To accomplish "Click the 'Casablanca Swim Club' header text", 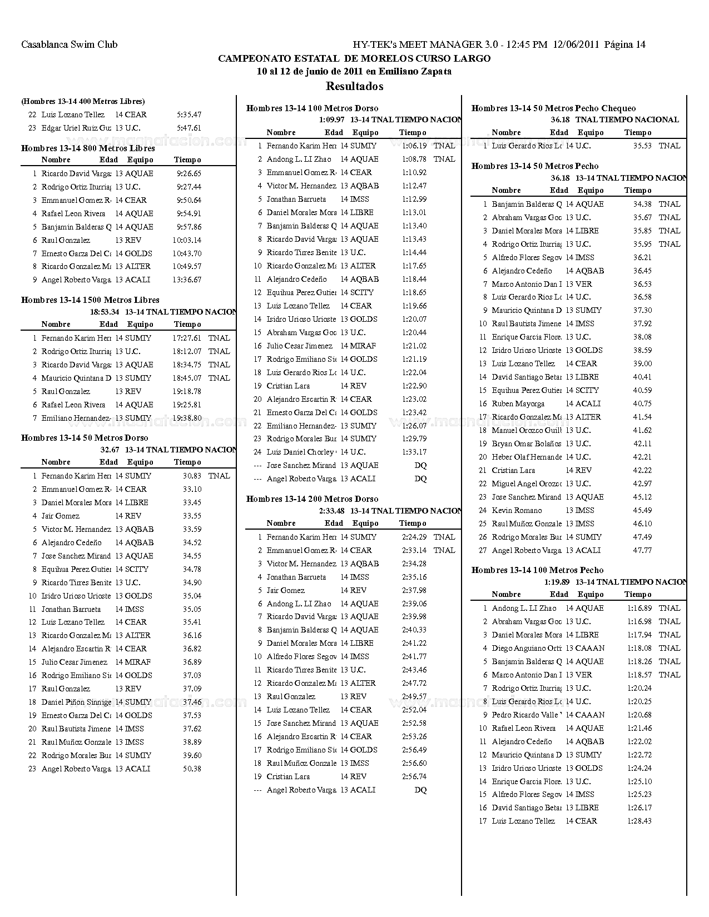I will coord(70,44).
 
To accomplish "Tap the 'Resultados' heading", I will coord(354,86).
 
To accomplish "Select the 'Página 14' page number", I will coord(624,44).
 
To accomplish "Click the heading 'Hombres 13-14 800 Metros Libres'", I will coord(88,148).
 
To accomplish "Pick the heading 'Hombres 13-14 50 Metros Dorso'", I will coord(85,438).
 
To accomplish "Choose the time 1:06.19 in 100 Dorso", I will coord(414,146).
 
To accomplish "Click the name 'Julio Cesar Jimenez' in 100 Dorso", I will coord(299,346).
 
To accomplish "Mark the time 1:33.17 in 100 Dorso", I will coord(414,452).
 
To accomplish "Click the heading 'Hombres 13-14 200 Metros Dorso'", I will coord(312,499).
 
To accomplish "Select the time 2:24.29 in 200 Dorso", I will coord(414,537).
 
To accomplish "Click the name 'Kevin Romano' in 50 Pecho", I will coord(517,510).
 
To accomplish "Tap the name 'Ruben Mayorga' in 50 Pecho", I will coord(518,403).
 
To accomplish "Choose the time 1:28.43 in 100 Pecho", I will coord(639,821).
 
